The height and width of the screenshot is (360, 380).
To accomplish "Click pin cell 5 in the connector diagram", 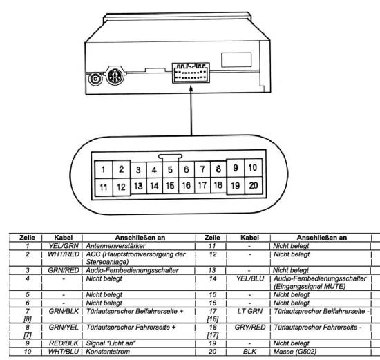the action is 171,170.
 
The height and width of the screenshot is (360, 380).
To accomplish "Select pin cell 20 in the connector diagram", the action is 254,185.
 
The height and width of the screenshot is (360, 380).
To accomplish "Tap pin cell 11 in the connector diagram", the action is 104,187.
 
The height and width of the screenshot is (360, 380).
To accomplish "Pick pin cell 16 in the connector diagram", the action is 187,185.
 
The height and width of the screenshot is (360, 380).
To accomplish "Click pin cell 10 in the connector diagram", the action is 254,167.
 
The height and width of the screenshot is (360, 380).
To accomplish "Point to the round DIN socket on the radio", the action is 115,75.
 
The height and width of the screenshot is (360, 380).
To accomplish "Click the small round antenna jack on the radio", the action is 95,79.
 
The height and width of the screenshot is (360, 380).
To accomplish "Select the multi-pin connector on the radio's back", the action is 191,73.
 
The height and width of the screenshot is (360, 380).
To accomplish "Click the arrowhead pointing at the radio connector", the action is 191,88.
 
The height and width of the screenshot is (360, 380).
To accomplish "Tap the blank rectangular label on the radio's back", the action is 236,59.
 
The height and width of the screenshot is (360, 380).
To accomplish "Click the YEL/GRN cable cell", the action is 64,246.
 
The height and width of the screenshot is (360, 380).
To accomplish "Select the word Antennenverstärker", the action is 115,246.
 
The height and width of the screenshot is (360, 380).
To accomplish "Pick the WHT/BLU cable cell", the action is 64,352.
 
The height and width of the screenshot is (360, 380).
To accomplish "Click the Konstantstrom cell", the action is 108,352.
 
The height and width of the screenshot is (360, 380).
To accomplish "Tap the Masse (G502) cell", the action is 295,352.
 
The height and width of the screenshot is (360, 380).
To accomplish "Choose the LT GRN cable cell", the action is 250,311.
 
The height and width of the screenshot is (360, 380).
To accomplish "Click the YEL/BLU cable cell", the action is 250,278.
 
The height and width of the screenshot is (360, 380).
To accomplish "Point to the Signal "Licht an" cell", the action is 111,343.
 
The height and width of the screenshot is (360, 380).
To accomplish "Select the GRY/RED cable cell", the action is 250,328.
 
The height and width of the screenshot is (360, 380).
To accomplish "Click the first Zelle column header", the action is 27,238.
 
